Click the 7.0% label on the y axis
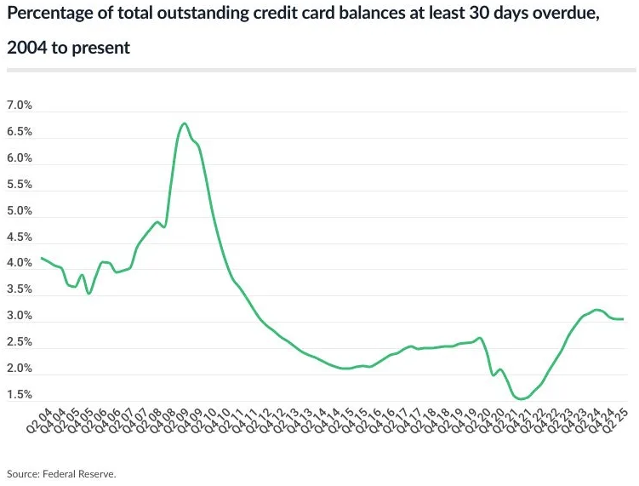[19, 106]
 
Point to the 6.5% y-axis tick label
[19, 132]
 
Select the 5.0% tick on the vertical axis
[19, 211]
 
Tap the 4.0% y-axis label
[19, 263]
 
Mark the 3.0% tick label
[19, 316]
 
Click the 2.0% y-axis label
[19, 369]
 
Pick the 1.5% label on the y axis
[19, 395]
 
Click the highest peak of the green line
[185, 123]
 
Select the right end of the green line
[624, 319]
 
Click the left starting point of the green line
[41, 258]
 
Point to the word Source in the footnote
[23, 473]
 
